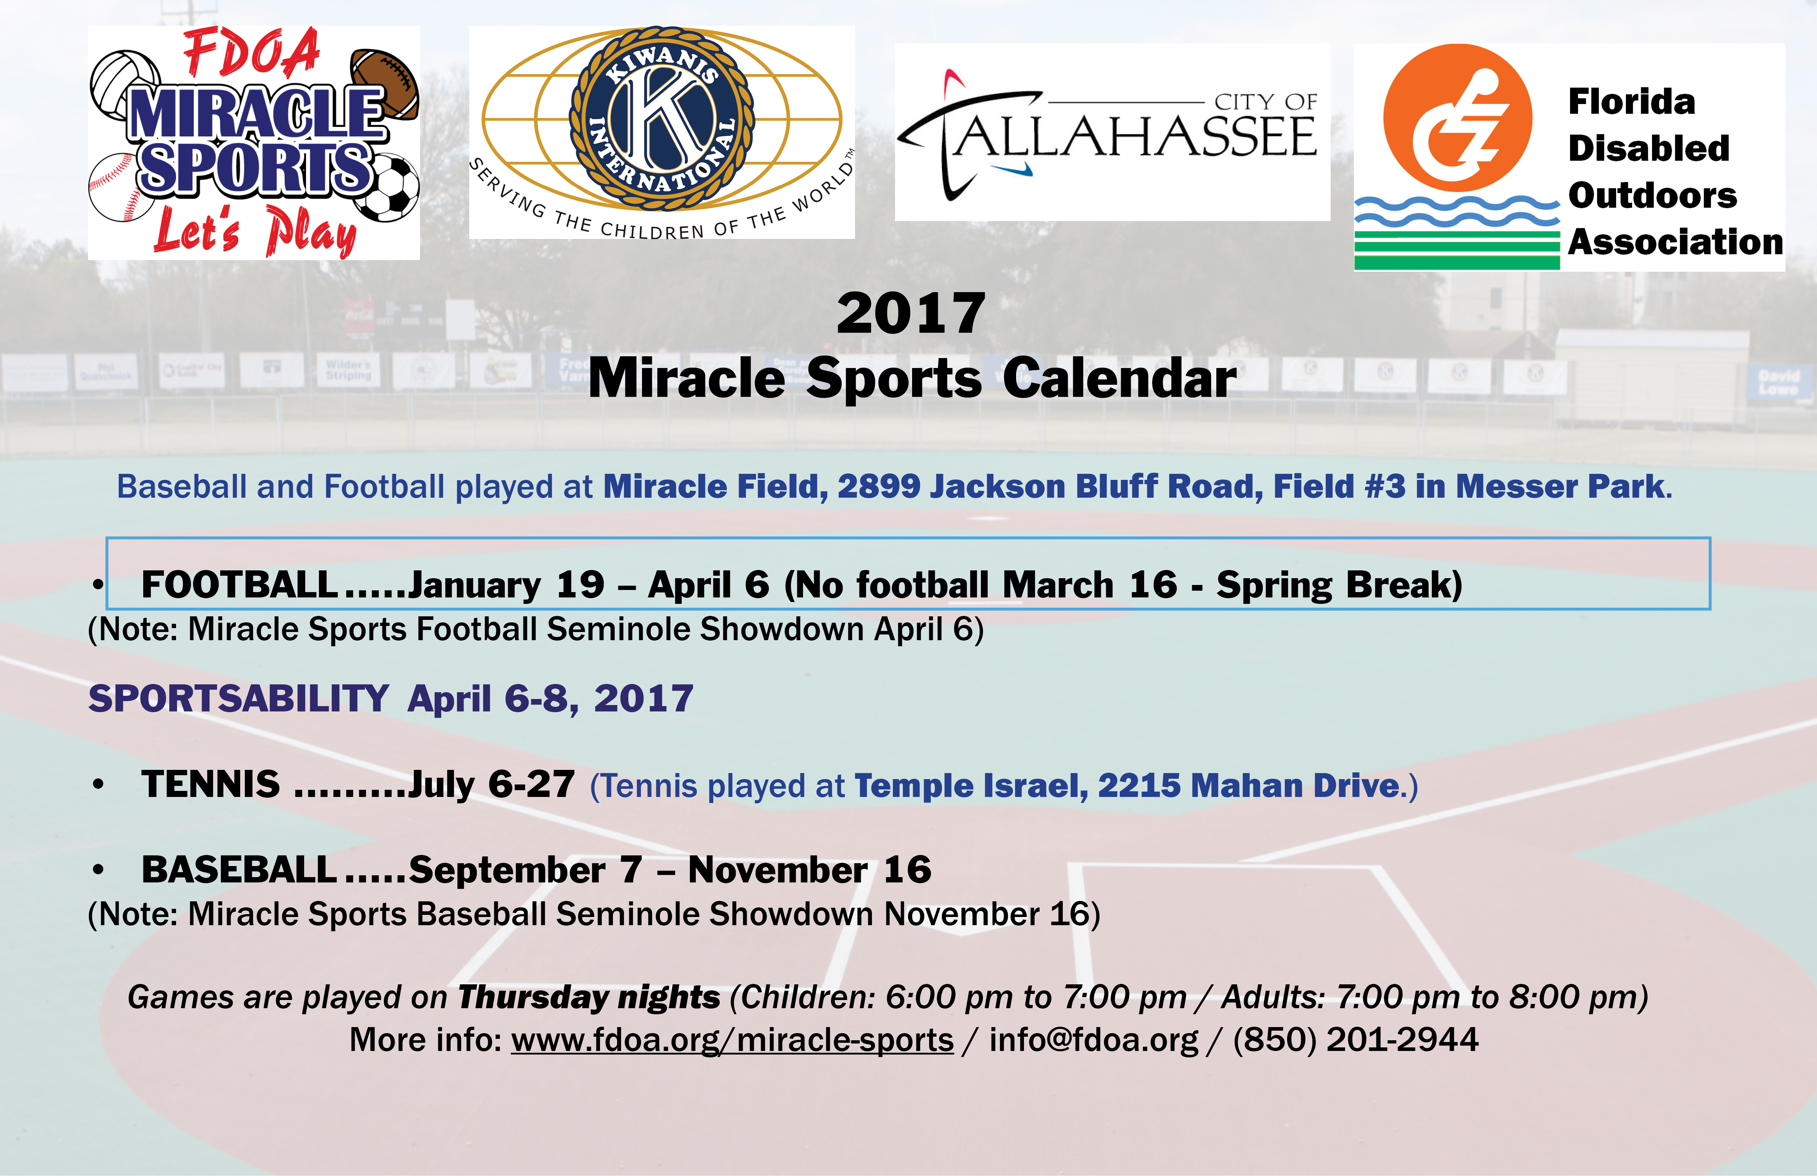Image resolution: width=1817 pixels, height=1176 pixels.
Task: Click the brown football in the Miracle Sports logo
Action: coord(385,84)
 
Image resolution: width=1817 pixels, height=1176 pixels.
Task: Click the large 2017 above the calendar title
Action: coord(911,314)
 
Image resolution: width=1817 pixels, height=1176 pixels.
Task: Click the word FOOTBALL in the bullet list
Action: coord(239,585)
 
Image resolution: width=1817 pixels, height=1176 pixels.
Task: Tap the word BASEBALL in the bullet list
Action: coord(239,870)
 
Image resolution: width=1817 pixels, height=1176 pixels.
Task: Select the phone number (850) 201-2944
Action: coord(1356,1040)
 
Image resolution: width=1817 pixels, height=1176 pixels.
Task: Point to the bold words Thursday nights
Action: coord(589,997)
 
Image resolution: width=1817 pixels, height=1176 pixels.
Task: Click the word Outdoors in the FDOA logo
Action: coord(1652,196)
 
